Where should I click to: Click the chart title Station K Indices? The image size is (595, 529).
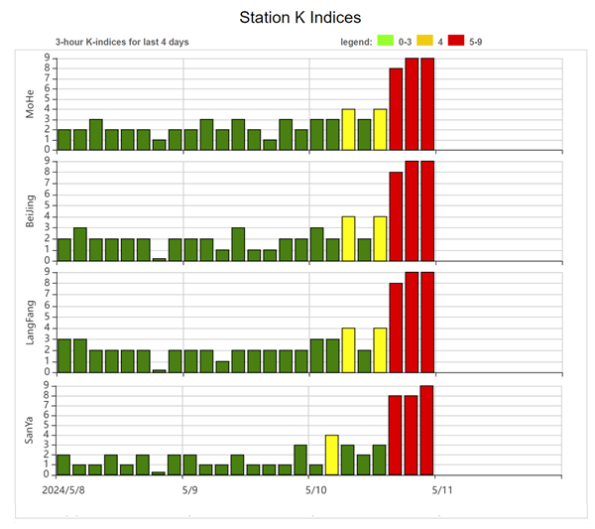point(300,18)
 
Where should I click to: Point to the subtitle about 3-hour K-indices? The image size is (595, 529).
point(122,42)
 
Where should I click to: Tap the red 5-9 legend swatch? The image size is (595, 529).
point(457,41)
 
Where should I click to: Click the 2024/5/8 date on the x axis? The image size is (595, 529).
point(64,490)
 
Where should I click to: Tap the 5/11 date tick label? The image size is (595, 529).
point(441,490)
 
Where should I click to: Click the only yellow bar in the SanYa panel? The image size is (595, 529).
point(332,455)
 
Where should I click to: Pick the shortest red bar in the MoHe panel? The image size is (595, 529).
point(396,109)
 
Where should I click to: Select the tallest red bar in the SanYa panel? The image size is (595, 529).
point(427,430)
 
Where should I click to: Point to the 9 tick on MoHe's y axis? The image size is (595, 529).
point(48,58)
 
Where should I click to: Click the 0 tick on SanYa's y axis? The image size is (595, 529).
point(48,474)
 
